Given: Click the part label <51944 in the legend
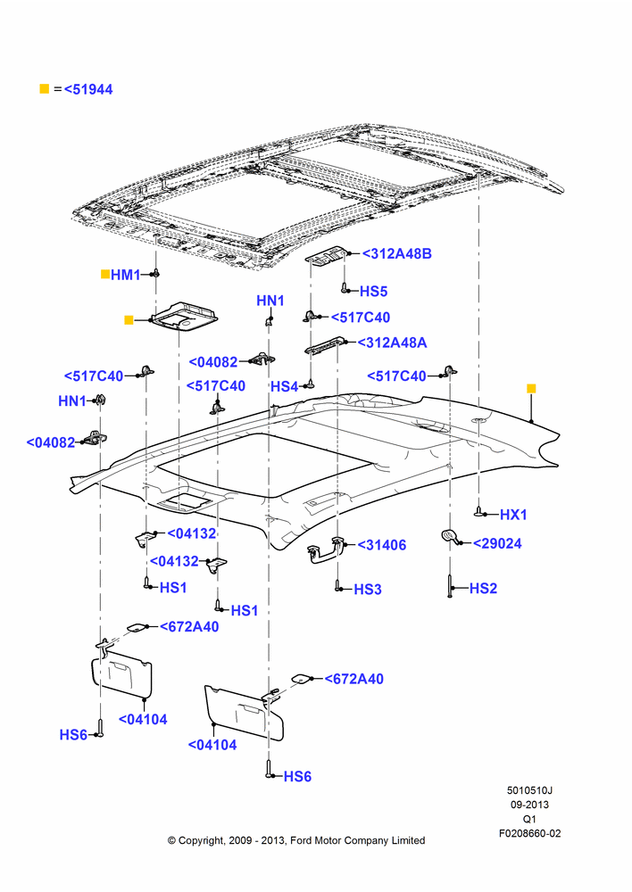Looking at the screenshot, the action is tap(88, 89).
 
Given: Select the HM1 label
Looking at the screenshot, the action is tap(125, 275).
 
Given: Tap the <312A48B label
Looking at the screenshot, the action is tap(397, 253).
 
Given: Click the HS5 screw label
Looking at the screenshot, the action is tap(373, 292).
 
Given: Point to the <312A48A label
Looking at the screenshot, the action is tap(392, 343).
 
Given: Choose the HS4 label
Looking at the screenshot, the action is tap(284, 387).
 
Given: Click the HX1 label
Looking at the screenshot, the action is tap(513, 515).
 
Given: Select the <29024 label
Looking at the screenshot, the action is tap(497, 544).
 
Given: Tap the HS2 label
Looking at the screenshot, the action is tap(483, 588).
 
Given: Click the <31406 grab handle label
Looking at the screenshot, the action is tap(381, 545).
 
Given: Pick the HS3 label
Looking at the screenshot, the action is tap(367, 590).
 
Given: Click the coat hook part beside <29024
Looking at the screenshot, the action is tap(449, 536).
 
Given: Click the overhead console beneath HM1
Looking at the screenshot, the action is tap(183, 315).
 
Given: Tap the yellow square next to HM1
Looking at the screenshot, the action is tap(104, 274).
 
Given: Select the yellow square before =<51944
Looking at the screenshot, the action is tap(44, 88).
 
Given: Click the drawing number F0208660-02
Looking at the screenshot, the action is tap(529, 833).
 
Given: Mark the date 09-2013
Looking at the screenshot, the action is tap(529, 805).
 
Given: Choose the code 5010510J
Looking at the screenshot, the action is tap(529, 790).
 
